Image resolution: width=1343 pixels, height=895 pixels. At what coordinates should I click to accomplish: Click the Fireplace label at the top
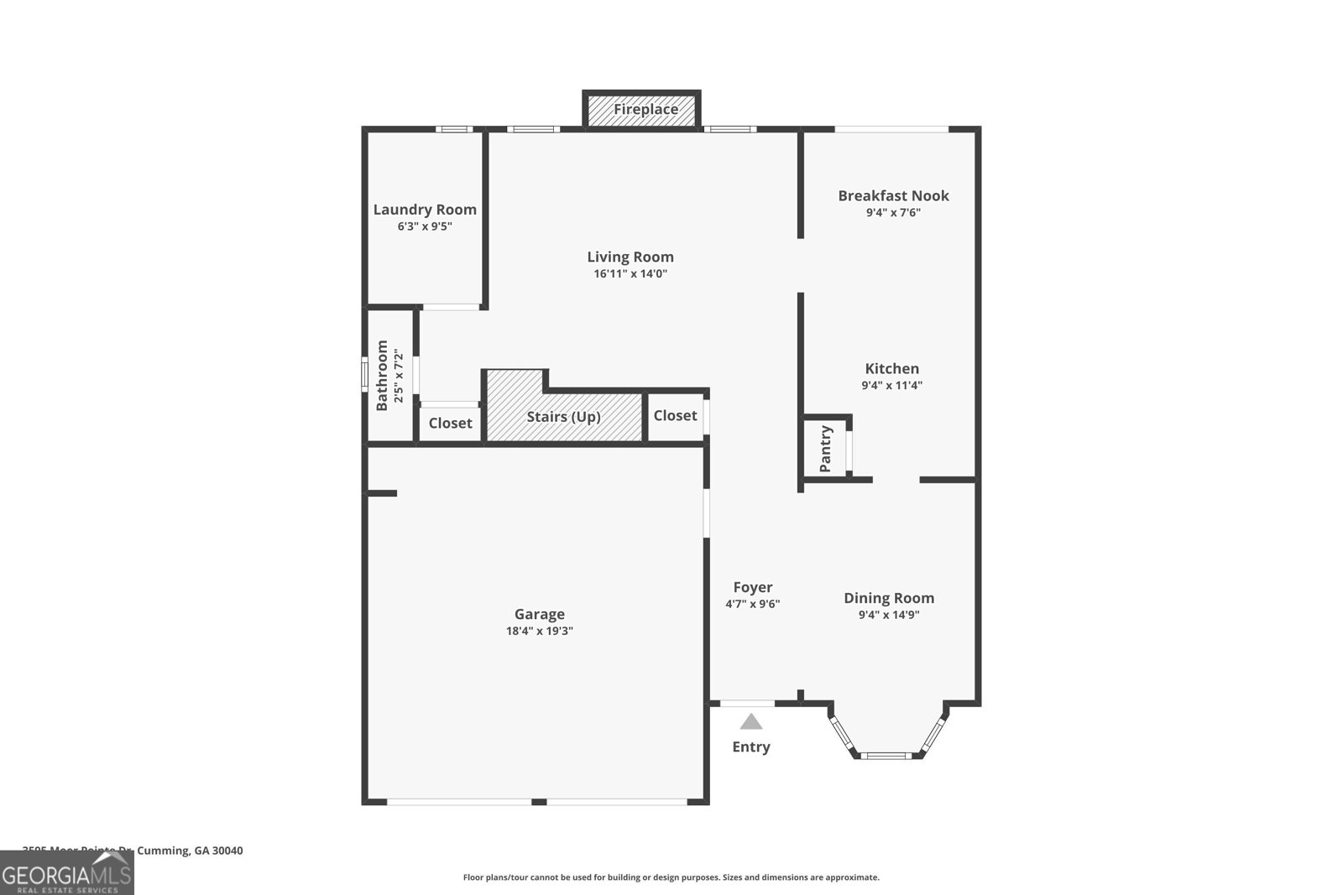(645, 110)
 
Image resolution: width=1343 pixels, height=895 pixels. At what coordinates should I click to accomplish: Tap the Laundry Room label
(425, 210)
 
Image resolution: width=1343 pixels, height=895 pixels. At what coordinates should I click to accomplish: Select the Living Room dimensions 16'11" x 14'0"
(630, 274)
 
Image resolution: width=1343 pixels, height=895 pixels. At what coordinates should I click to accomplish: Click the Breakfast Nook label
(893, 195)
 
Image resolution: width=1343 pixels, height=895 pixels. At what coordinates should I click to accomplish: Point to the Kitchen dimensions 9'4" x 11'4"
(891, 386)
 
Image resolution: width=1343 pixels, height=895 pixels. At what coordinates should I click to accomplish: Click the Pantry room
(826, 449)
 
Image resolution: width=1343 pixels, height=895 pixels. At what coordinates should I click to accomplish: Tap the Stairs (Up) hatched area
(563, 416)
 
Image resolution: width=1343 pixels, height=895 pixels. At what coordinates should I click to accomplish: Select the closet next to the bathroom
(450, 423)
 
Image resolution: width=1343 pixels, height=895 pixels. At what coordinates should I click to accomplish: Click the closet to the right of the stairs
(675, 415)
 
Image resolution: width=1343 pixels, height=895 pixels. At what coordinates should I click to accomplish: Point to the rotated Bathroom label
(383, 375)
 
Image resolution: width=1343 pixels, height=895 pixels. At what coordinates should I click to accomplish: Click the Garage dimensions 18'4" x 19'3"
(539, 632)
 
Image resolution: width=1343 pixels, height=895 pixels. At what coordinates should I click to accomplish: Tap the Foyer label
(752, 587)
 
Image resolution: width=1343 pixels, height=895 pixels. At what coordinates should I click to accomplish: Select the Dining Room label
(888, 598)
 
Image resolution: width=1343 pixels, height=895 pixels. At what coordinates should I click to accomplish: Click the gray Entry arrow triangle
(751, 722)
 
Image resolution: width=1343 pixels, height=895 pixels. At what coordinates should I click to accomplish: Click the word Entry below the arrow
(750, 747)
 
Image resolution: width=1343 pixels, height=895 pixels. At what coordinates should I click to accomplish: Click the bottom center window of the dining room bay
(887, 756)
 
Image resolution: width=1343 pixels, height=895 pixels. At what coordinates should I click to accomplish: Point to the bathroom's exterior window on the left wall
(365, 374)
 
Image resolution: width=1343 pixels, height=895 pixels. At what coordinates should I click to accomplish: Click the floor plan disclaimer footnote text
(671, 877)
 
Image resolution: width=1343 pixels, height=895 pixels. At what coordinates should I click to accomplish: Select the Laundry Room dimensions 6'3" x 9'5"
(425, 226)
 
